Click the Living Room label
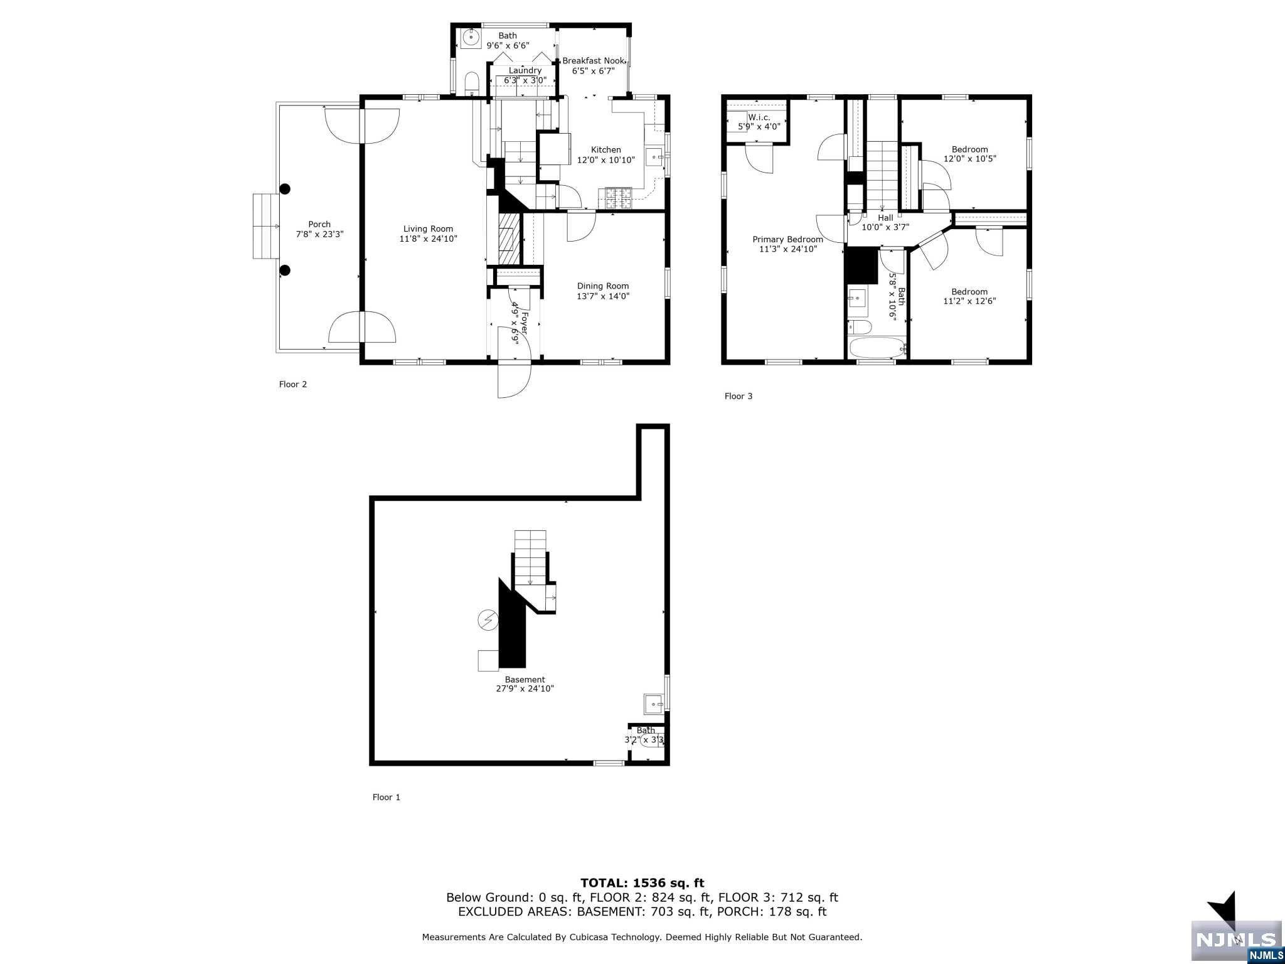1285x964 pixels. point(428,229)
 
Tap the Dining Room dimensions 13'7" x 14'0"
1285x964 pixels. point(602,296)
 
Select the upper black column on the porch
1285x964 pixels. point(285,188)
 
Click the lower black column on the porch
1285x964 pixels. point(285,270)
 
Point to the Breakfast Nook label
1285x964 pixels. point(593,61)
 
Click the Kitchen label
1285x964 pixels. point(605,150)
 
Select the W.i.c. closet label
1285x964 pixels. point(759,117)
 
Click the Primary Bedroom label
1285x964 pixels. point(787,239)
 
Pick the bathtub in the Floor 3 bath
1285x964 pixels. point(876,348)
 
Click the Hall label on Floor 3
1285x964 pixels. point(885,218)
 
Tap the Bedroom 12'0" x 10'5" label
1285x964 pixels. point(969,149)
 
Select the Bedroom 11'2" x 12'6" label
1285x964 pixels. point(969,292)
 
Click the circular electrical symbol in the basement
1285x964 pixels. point(488,621)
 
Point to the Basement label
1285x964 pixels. point(525,680)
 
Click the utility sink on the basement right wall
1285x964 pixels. point(654,704)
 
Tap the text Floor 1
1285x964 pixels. point(386,798)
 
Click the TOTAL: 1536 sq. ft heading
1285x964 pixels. point(642,884)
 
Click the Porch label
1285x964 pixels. point(319,224)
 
